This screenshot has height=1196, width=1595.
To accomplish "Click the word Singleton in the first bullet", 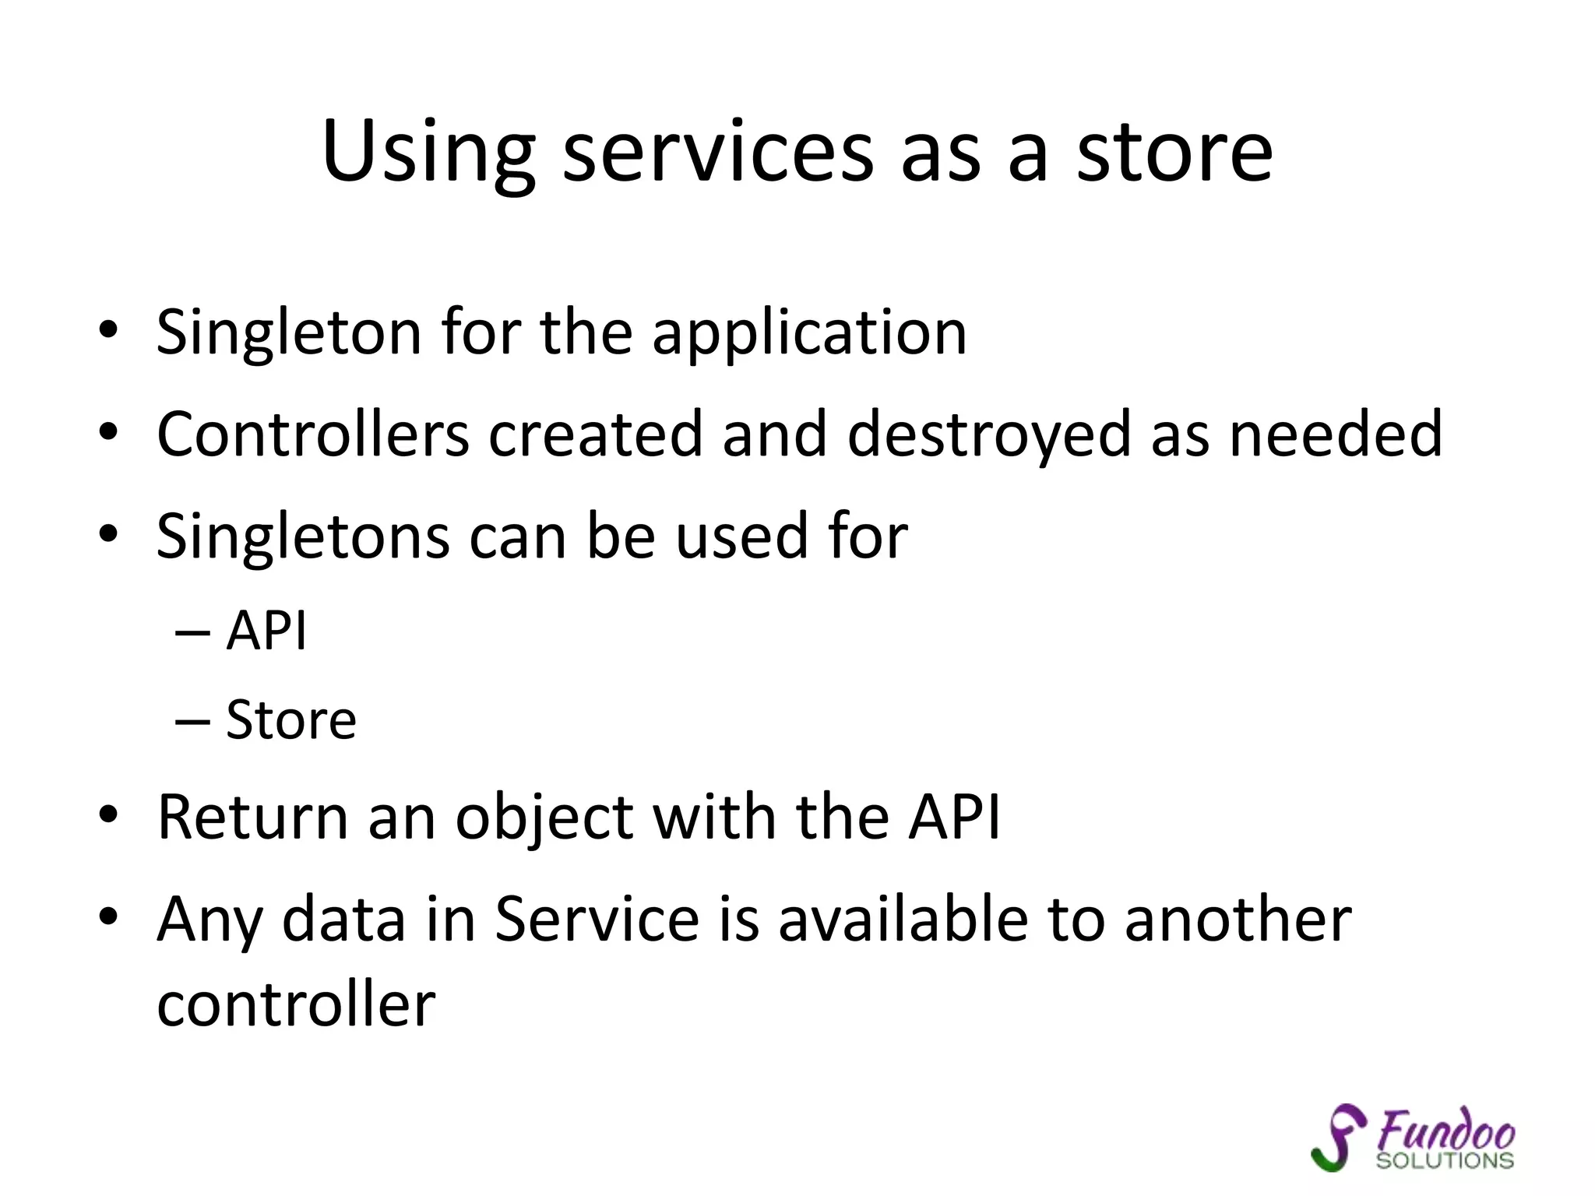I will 288,333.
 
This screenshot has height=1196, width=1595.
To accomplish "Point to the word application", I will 809,333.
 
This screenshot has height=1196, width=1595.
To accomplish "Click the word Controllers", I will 312,434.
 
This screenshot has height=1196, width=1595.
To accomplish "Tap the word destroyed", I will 988,434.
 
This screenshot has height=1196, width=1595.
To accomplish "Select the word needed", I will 1335,434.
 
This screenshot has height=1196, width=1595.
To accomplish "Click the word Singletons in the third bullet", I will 303,536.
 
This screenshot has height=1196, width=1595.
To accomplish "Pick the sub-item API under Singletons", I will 266,630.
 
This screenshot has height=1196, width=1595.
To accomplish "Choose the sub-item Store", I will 291,719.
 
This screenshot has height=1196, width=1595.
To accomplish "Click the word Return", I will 252,817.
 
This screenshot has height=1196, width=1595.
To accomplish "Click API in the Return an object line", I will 954,817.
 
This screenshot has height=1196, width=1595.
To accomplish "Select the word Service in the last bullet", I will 597,920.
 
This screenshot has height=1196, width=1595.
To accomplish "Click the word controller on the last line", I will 296,1004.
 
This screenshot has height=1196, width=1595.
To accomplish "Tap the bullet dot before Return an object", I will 108,814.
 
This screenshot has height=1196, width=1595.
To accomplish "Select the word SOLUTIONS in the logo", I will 1445,1161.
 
